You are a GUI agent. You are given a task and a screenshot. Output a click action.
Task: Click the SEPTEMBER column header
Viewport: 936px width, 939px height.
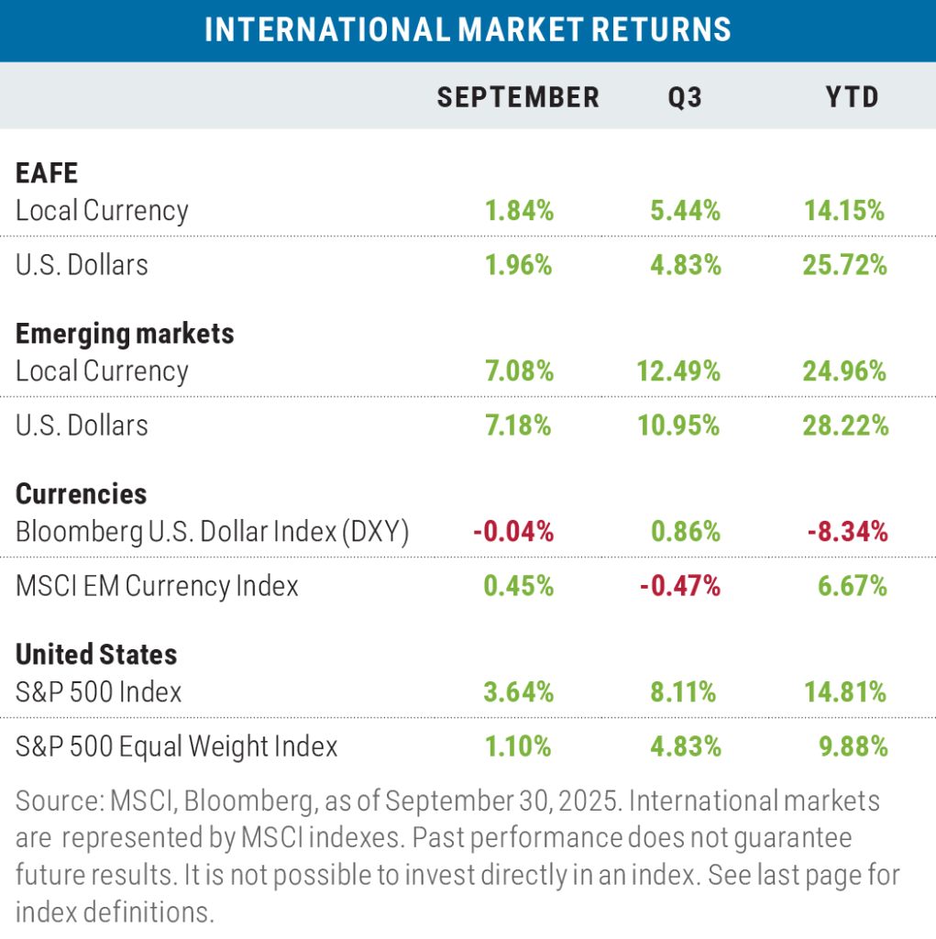coord(518,96)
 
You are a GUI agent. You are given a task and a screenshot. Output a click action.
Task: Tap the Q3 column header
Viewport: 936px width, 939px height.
coord(686,96)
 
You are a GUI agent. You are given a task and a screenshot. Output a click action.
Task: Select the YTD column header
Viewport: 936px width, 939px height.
coord(852,96)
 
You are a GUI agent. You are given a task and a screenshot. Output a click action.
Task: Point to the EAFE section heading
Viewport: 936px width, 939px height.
coord(47,172)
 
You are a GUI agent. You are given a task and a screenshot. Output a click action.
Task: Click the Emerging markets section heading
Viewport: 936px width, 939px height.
coord(125,333)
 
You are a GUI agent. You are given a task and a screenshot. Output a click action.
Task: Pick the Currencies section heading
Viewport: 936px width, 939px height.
coord(81,493)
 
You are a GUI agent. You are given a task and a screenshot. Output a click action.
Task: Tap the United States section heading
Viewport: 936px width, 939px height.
coord(96,654)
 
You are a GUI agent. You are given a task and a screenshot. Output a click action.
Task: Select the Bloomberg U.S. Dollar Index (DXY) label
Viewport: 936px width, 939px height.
coord(212,531)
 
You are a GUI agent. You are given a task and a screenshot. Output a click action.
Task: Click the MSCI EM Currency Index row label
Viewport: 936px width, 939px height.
coord(157,586)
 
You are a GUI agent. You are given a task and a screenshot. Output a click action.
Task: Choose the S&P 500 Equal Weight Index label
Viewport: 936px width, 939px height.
coord(176,746)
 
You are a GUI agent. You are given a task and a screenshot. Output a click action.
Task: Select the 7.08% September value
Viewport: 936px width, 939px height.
coord(519,371)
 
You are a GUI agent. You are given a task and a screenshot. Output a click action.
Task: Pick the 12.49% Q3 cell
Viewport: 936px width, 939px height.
coord(679,371)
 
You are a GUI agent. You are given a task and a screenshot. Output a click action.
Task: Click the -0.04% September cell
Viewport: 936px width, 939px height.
coord(513,531)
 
